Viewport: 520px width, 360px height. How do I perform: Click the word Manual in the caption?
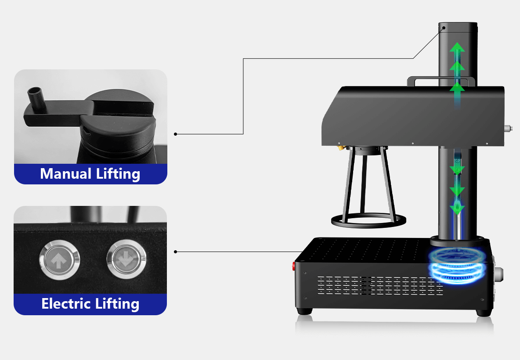[x=65, y=174]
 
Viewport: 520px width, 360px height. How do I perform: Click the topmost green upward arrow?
[x=457, y=48]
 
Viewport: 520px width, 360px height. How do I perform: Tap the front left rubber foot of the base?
[x=305, y=311]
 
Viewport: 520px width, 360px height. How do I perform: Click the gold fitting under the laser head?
[x=340, y=148]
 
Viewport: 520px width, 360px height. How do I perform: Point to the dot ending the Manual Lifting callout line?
[x=176, y=134]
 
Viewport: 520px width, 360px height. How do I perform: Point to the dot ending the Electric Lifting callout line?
[x=176, y=252]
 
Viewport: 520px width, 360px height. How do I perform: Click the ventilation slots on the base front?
[x=378, y=285]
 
